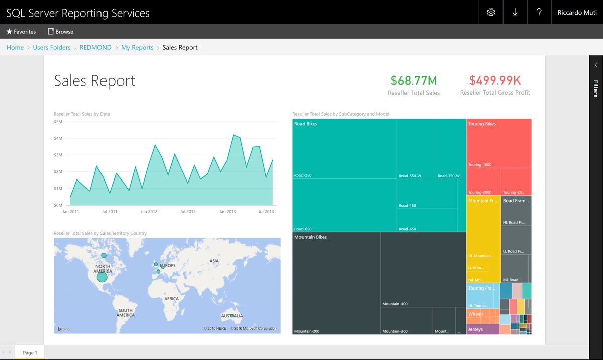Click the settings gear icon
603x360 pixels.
tap(491, 13)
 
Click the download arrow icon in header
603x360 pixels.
tap(515, 13)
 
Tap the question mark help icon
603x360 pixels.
tap(539, 13)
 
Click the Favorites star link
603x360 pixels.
tap(21, 32)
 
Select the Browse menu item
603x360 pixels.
tap(61, 32)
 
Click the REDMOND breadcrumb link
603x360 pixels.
tap(95, 48)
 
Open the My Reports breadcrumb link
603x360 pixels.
tap(137, 48)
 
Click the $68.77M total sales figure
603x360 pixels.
tap(414, 80)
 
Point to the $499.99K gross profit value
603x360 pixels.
tap(494, 80)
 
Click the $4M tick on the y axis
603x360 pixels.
tap(58, 138)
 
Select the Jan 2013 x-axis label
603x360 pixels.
tap(227, 212)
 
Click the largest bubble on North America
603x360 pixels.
tap(102, 277)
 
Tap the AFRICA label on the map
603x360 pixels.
tap(171, 299)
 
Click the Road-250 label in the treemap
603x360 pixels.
tap(303, 175)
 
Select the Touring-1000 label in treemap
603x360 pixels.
tap(480, 165)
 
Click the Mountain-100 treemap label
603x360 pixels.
tap(395, 304)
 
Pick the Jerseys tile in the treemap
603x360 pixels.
tap(475, 329)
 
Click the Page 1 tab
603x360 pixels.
tap(29, 352)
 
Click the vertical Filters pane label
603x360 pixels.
tap(596, 88)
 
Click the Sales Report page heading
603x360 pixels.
tap(94, 81)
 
